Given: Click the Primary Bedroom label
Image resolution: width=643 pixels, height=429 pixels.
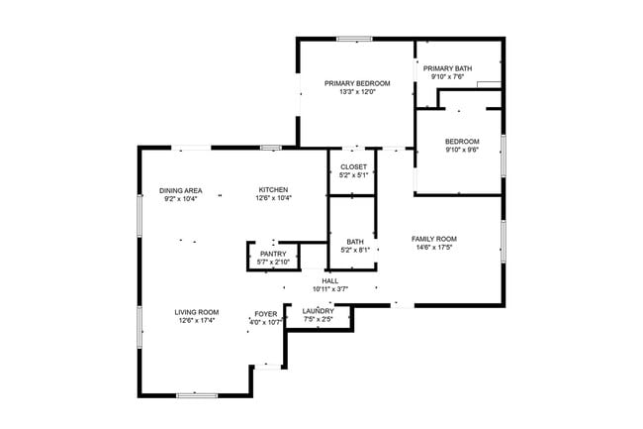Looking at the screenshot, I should pyautogui.click(x=357, y=83).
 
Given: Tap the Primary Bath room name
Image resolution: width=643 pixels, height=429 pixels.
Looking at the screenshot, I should pyautogui.click(x=448, y=68).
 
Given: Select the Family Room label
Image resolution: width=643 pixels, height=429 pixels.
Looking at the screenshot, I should pyautogui.click(x=433, y=239).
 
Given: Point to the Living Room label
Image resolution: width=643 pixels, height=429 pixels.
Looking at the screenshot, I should pyautogui.click(x=198, y=312).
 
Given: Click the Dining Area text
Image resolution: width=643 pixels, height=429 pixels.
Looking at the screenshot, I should pyautogui.click(x=181, y=190).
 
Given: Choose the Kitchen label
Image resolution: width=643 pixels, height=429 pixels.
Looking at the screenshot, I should pyautogui.click(x=273, y=190).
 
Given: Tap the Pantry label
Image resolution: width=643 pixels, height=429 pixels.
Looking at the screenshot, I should pyautogui.click(x=273, y=254).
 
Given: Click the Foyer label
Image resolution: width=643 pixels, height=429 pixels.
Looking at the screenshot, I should pyautogui.click(x=265, y=313).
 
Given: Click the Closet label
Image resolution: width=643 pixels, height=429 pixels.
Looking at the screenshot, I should pyautogui.click(x=353, y=166).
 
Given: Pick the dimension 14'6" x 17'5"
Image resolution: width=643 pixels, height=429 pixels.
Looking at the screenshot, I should pyautogui.click(x=433, y=248).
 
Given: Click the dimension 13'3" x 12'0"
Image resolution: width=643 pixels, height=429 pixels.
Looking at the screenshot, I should pyautogui.click(x=357, y=92).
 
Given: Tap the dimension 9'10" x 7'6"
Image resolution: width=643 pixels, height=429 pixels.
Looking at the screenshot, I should pyautogui.click(x=448, y=76).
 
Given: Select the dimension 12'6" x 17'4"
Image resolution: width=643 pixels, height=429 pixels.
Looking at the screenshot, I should pyautogui.click(x=198, y=321).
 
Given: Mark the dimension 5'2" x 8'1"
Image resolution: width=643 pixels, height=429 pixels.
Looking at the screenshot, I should pyautogui.click(x=355, y=250).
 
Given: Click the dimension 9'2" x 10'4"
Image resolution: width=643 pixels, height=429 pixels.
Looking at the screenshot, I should pyautogui.click(x=181, y=198).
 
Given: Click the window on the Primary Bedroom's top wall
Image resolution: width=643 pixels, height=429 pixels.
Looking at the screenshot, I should pyautogui.click(x=353, y=40).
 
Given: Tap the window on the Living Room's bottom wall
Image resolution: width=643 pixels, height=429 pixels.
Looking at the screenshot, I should pyautogui.click(x=196, y=395).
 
